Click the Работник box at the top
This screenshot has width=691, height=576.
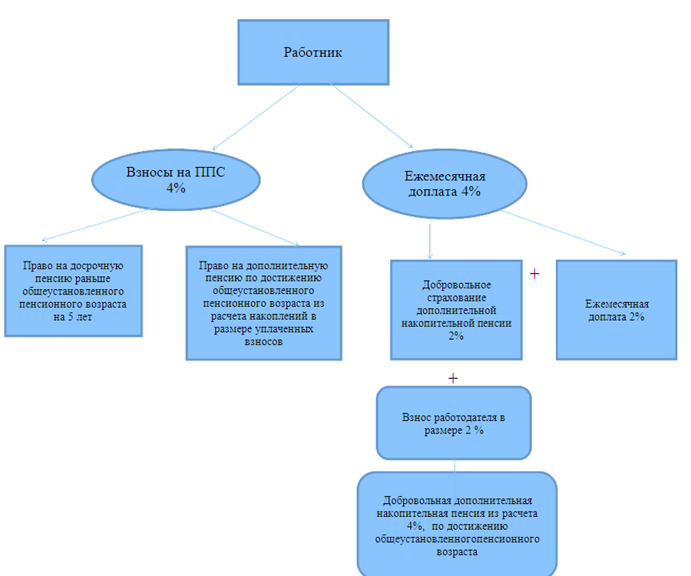click(x=312, y=52)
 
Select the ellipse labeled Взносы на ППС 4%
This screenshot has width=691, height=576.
click(x=175, y=179)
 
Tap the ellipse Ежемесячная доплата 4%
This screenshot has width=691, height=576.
click(x=445, y=184)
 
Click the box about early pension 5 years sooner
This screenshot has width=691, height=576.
click(x=73, y=291)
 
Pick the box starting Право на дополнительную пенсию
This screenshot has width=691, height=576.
click(x=263, y=303)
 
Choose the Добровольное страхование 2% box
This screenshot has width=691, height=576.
click(x=456, y=310)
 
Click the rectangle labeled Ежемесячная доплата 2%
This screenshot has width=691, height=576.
click(x=616, y=310)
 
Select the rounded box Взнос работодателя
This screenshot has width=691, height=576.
click(x=453, y=423)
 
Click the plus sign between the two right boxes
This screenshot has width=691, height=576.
click(x=534, y=274)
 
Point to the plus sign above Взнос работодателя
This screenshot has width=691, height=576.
click(x=453, y=378)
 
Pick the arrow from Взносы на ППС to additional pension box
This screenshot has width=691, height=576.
click(x=255, y=227)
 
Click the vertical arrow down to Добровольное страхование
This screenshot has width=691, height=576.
click(x=429, y=239)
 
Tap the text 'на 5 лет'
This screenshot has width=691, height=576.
click(x=73, y=317)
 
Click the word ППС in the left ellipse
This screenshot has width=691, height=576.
click(x=210, y=173)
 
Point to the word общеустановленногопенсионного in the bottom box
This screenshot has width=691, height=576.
click(x=457, y=538)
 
